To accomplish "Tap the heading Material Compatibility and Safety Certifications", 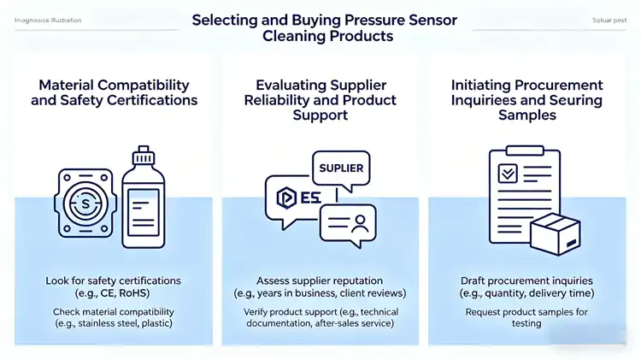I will (118, 92).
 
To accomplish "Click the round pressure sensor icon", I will (85, 204).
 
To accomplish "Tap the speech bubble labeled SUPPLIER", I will (341, 168).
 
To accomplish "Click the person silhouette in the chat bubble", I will (360, 224).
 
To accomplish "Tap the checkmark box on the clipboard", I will (507, 174).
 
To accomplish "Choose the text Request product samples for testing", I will (526, 317).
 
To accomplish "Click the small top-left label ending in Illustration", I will (49, 20).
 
